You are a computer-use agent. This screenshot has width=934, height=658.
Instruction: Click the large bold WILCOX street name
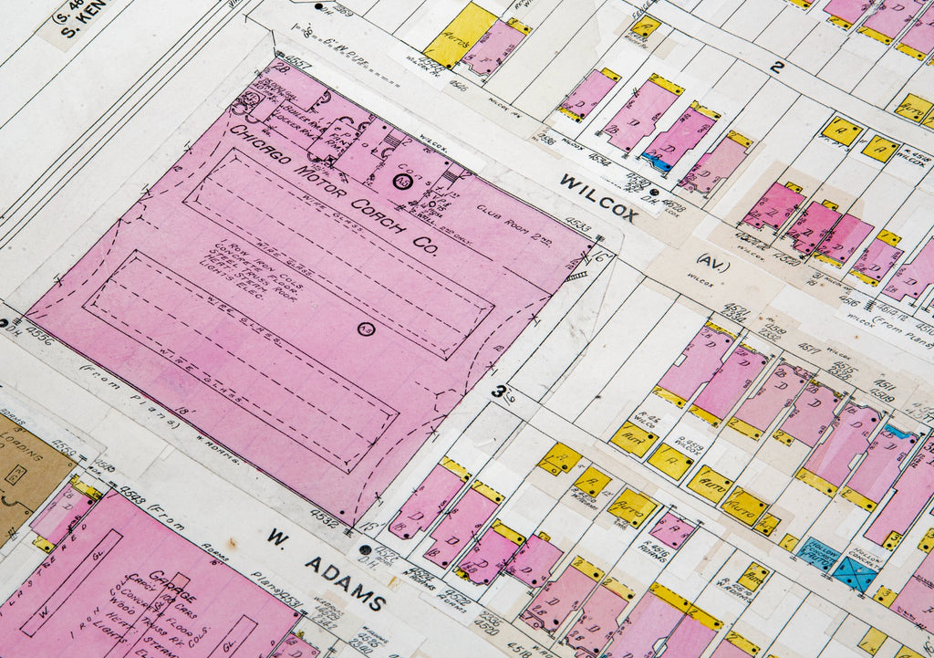click(x=598, y=197)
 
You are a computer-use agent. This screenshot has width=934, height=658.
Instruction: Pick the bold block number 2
click(x=776, y=67)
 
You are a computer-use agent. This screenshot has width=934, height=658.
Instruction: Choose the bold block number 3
click(x=498, y=392)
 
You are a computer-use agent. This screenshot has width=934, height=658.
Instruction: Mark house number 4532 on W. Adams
click(x=324, y=521)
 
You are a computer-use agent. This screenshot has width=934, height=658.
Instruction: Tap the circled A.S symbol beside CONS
click(x=400, y=181)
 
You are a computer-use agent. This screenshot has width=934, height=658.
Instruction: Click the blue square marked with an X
click(x=854, y=573)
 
